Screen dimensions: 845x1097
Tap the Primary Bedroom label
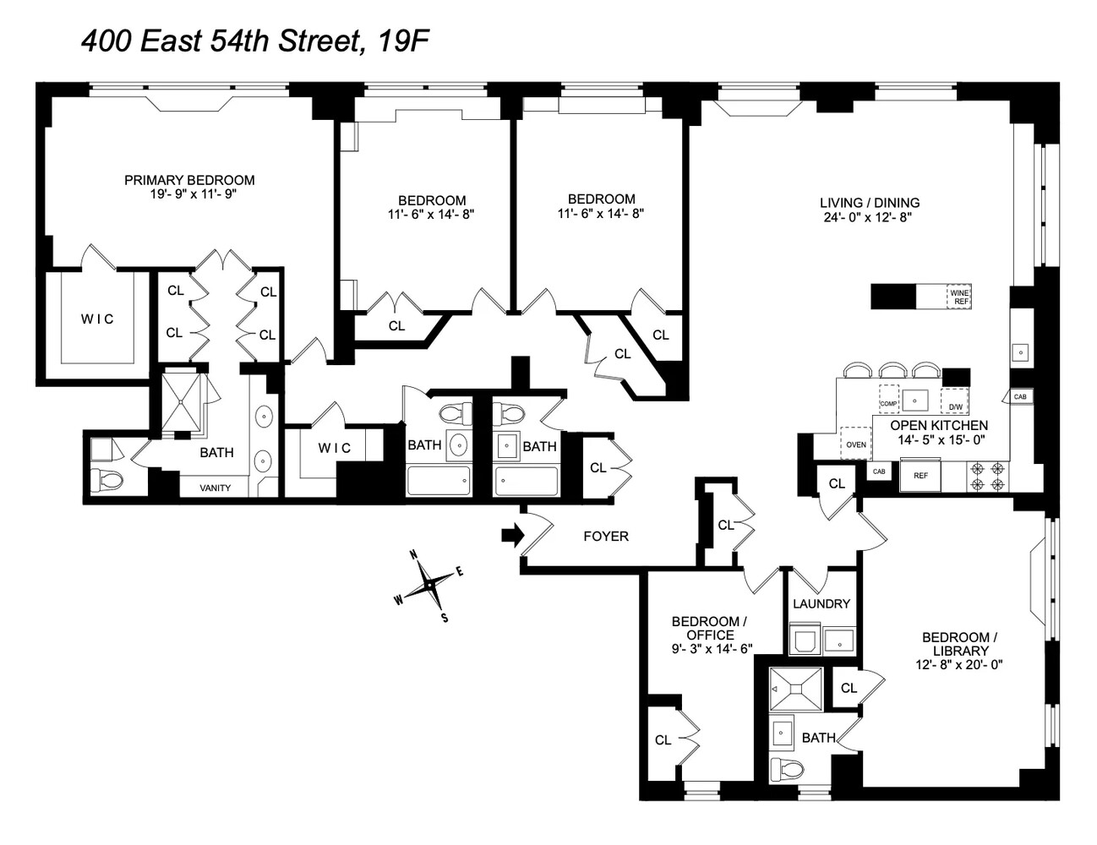pos(189,180)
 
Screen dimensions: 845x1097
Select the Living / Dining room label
pos(870,203)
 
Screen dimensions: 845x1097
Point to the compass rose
pos(430,584)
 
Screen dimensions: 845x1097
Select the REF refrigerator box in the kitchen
pos(920,476)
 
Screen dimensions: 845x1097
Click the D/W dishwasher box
pos(955,399)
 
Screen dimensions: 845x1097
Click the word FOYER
pos(606,536)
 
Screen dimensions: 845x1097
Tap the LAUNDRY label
pos(821,603)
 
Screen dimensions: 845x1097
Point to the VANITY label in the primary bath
pos(215,488)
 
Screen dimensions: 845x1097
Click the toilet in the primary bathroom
pos(106,479)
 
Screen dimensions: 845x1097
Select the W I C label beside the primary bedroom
pos(97,319)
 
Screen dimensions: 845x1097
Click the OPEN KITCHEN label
pos(938,425)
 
